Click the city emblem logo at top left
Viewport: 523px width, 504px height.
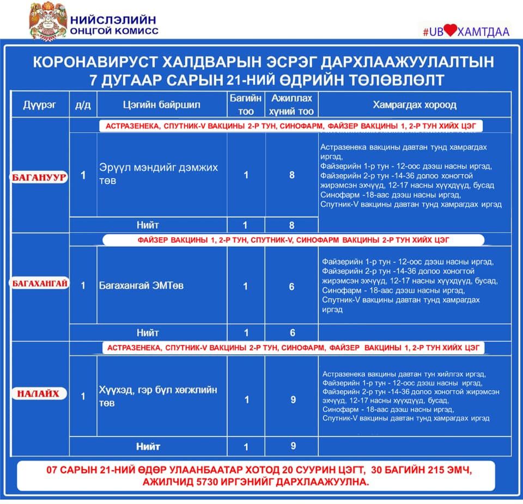point(47,21)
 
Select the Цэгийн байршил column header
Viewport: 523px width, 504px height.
point(161,105)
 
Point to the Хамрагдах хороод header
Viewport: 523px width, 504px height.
point(414,105)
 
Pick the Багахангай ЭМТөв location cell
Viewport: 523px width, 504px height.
point(141,285)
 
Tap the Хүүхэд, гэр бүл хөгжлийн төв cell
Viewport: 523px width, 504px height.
point(158,396)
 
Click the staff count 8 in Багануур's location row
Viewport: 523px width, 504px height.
point(292,175)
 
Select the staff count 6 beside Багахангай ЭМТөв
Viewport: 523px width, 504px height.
point(291,286)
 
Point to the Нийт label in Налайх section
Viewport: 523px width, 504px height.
point(148,446)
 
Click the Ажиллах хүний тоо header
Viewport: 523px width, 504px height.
point(291,105)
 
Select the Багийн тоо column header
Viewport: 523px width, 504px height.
point(246,105)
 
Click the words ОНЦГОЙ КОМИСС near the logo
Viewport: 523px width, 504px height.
point(114,31)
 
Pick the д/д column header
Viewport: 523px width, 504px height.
point(83,105)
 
